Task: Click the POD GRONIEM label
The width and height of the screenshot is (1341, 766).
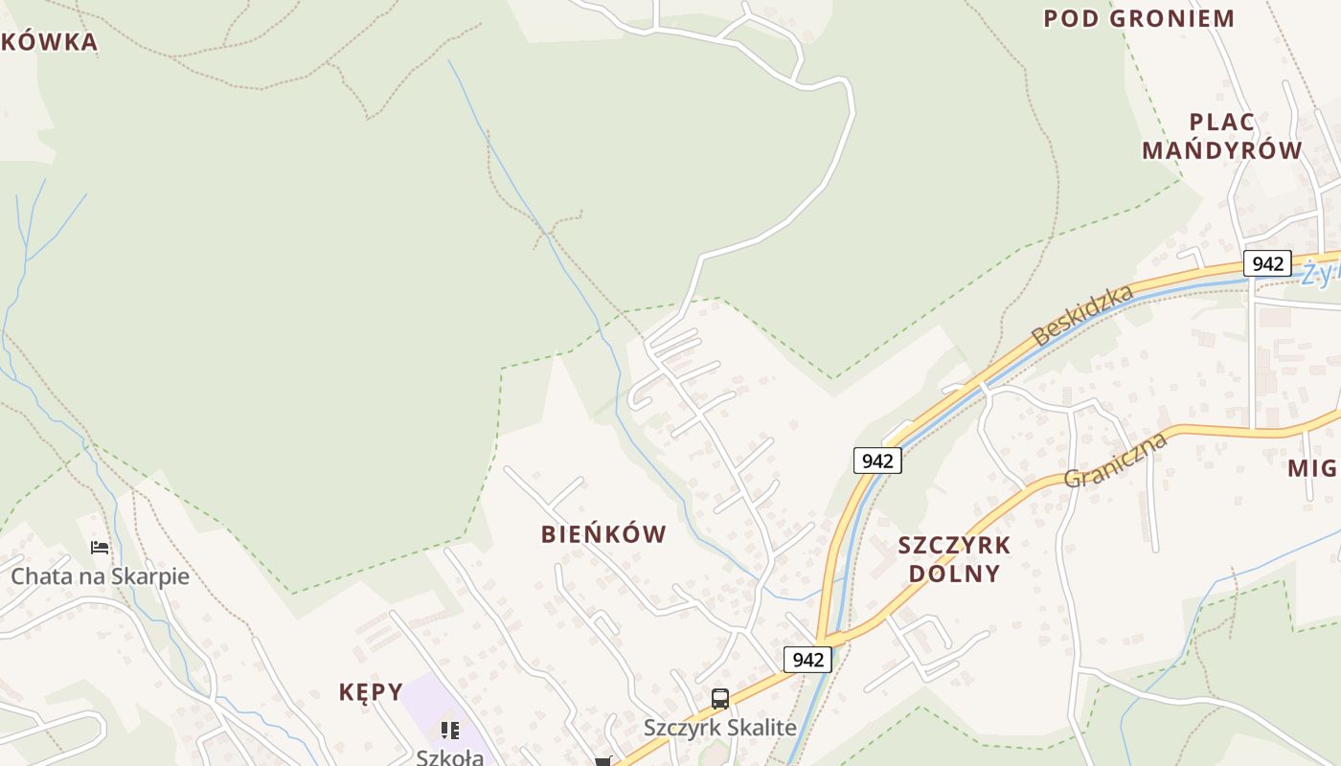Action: [x=1139, y=18]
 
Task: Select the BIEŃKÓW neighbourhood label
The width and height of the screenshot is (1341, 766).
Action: [x=603, y=534]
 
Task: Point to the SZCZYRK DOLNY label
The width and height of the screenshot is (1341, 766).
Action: [x=953, y=559]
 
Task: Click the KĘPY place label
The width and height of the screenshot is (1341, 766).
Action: [x=371, y=691]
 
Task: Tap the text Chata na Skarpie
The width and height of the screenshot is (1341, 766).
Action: [x=100, y=576]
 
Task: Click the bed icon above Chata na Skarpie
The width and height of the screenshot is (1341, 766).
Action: [x=100, y=548]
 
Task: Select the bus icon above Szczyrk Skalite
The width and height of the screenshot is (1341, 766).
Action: [x=720, y=699]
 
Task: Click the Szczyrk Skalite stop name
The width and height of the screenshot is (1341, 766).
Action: [x=719, y=728]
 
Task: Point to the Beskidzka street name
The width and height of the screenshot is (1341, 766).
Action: [x=1081, y=315]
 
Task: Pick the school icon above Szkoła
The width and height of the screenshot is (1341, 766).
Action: [x=449, y=731]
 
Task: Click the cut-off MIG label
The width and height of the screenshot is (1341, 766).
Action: [x=1311, y=468]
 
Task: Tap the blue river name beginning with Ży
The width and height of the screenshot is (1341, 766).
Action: [x=1320, y=274]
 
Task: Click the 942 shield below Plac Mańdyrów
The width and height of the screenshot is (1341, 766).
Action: [x=1267, y=263]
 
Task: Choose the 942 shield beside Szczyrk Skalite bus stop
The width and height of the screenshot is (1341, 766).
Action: [x=807, y=660]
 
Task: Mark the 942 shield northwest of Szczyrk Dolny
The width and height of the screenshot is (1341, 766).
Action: [x=876, y=461]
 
